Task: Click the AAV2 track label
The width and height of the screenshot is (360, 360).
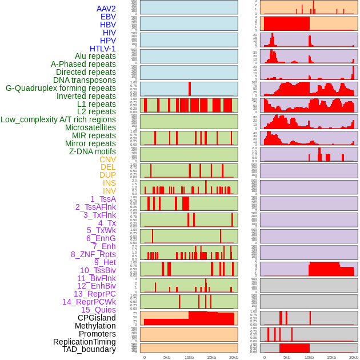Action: coord(106,9)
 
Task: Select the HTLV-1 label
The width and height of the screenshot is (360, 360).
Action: coord(103,49)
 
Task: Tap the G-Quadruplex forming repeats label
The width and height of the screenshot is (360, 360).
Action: coord(61,88)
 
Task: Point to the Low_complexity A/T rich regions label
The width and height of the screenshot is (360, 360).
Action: coord(58,119)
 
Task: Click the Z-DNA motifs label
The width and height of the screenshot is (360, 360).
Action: coord(93,151)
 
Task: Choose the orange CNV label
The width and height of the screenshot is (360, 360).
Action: coord(107,159)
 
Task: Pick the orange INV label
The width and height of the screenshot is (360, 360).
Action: coord(109,191)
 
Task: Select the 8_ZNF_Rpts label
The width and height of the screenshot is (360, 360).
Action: coord(93,254)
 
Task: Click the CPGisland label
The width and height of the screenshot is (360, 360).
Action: coord(97,318)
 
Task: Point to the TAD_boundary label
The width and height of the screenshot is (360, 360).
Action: coord(89,349)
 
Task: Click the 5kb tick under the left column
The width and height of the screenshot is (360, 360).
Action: coord(167,357)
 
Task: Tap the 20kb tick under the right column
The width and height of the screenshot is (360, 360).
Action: coord(354,357)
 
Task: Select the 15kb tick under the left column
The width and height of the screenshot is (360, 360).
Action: coord(211,357)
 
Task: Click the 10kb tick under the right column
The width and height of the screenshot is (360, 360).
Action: coord(309,357)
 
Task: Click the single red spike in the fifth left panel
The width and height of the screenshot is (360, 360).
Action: coord(190,89)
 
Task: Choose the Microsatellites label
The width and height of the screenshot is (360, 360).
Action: coord(90,127)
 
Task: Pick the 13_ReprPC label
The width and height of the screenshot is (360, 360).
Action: coord(94,294)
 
